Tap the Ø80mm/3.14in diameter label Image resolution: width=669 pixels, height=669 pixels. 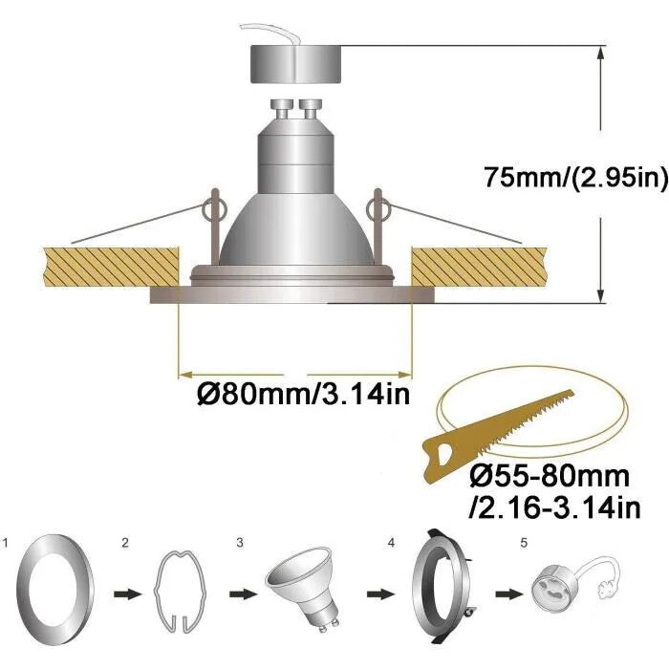303,394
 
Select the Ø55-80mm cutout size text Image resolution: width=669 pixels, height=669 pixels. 550,476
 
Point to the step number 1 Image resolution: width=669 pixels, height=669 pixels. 5,543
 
